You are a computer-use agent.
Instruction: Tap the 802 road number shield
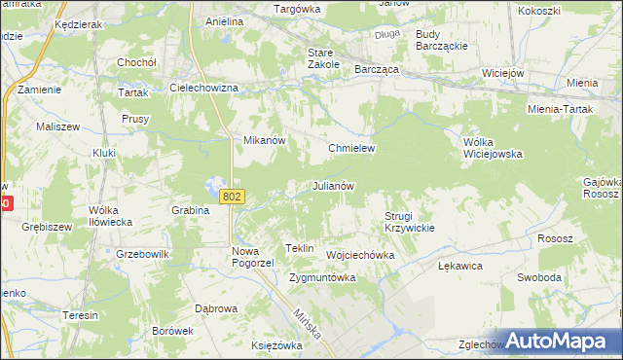(x=232, y=197)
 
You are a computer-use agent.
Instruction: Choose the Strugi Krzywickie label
(x=408, y=221)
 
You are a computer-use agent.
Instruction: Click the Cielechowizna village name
(x=204, y=88)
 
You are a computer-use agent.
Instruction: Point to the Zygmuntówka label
(x=322, y=277)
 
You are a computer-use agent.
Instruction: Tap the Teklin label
(x=299, y=248)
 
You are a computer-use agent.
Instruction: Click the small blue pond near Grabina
(x=213, y=185)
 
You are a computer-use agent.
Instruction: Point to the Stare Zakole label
(x=323, y=57)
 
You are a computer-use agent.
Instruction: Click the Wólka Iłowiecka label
(x=110, y=215)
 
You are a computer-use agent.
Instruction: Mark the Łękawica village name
(x=460, y=265)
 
